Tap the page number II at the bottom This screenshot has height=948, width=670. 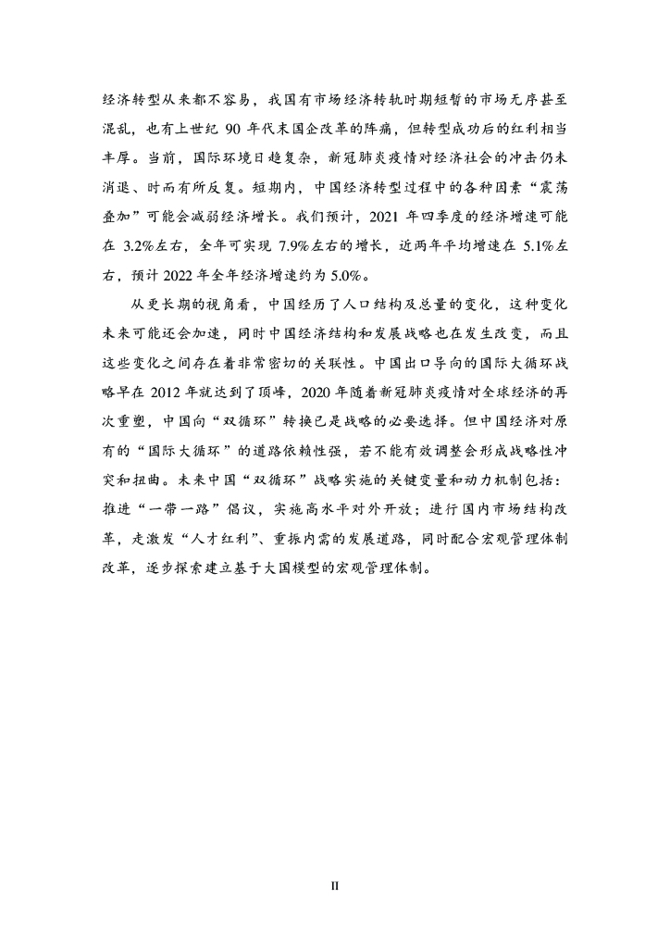(335, 886)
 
